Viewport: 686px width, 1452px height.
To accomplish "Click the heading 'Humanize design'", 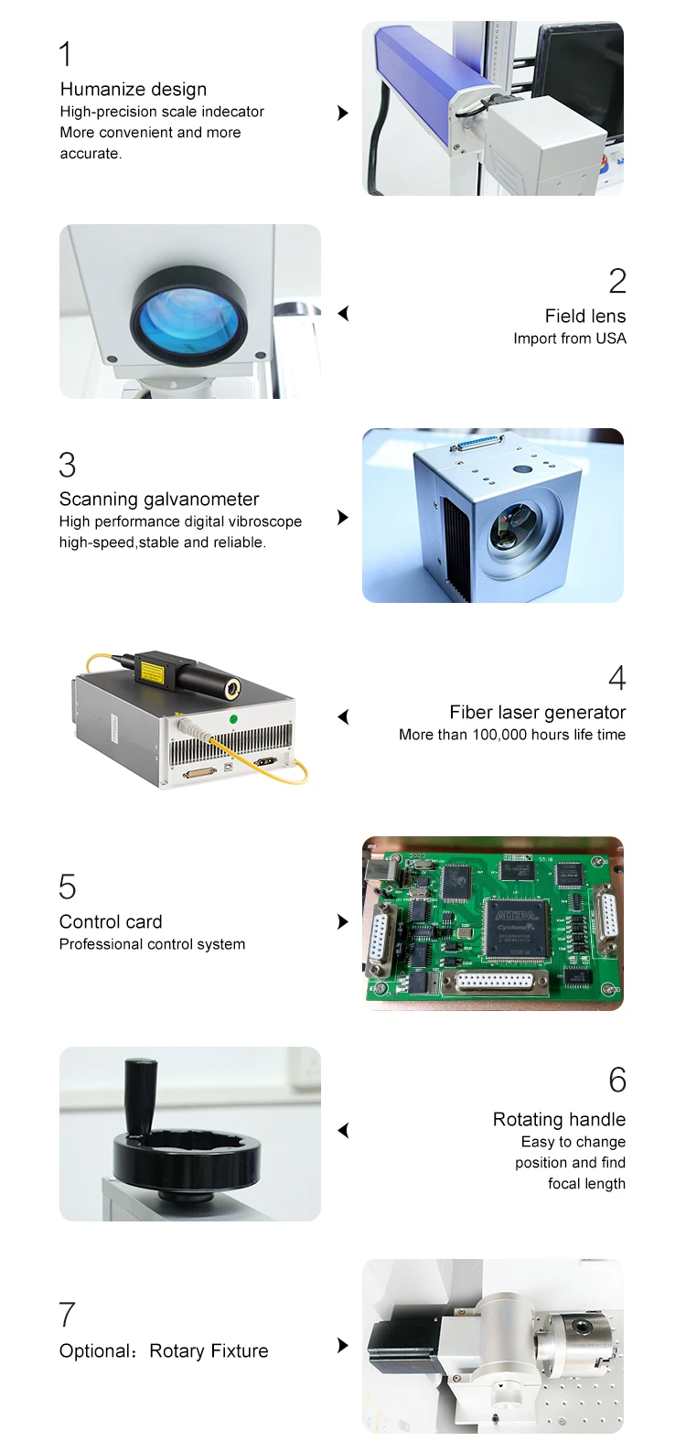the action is [x=134, y=90].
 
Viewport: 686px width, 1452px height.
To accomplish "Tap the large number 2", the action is [x=617, y=281].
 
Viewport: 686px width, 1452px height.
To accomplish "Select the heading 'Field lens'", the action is [x=585, y=317].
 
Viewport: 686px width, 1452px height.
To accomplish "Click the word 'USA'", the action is [x=611, y=339].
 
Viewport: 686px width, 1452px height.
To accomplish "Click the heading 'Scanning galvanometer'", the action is [x=159, y=500].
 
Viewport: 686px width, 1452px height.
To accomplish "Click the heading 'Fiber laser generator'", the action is [x=538, y=713].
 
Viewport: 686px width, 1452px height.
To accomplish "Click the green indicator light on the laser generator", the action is [x=233, y=719].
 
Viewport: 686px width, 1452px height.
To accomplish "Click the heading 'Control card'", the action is [x=111, y=922].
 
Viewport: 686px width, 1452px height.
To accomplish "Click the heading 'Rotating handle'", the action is [x=559, y=1120].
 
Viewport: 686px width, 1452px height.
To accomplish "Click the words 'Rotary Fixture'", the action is [x=209, y=1351].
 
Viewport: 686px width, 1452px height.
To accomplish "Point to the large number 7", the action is [x=67, y=1315].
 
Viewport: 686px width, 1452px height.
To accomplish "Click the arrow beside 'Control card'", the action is [x=343, y=921].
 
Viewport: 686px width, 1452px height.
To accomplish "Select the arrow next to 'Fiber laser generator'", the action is [x=344, y=716].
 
